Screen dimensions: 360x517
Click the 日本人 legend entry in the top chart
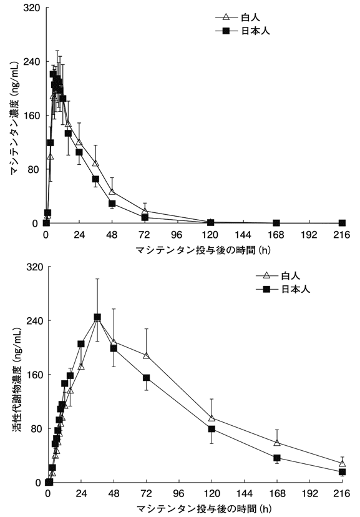[243, 31]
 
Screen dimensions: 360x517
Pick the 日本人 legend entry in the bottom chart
[283, 289]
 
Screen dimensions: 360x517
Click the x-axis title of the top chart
[203, 250]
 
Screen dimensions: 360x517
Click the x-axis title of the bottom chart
[204, 509]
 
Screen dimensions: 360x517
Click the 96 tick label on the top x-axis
[177, 235]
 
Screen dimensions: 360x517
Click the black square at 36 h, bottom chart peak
[97, 317]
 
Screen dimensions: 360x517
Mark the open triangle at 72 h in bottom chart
[146, 355]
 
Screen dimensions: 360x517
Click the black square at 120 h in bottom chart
[212, 429]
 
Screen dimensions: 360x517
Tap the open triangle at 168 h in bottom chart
[277, 443]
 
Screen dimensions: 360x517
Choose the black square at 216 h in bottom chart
[342, 472]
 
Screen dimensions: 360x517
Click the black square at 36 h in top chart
[95, 179]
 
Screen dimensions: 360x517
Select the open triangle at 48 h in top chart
[112, 192]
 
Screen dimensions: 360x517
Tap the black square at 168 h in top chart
[276, 223]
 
